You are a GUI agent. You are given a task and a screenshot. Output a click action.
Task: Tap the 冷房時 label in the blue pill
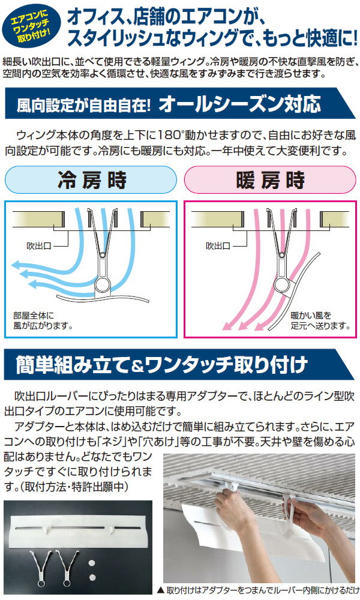tap(92, 180)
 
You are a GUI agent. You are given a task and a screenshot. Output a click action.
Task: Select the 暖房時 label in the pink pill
tap(271, 180)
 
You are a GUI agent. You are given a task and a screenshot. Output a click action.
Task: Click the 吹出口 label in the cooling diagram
tap(39, 245)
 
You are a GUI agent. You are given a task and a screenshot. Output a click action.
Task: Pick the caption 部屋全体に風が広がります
tap(43, 320)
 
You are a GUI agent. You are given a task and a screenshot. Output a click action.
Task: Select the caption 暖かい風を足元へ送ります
tap(320, 320)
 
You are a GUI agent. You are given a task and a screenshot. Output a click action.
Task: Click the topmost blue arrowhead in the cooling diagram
tap(17, 264)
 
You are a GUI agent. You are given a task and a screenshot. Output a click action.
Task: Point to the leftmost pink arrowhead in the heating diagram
tap(227, 325)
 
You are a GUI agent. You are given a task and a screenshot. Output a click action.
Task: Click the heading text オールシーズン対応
tap(240, 104)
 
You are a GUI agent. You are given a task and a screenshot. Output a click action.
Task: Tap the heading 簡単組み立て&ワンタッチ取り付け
tap(161, 365)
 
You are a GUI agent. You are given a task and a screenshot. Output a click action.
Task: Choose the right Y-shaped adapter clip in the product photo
tap(68, 568)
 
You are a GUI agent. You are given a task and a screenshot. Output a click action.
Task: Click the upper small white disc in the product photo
tap(92, 563)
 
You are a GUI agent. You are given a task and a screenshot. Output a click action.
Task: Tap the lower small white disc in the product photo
tap(92, 577)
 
